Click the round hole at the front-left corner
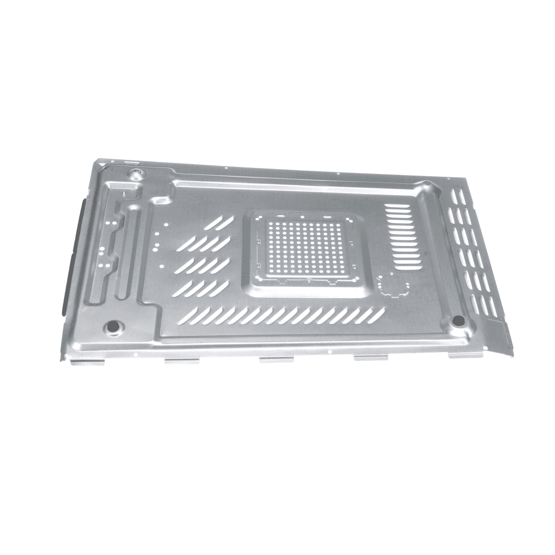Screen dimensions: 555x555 click(x=114, y=327)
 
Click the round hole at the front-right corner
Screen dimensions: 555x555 click(x=459, y=321)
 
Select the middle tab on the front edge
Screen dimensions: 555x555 click(x=276, y=359)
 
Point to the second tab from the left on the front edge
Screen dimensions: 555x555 click(x=182, y=360)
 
